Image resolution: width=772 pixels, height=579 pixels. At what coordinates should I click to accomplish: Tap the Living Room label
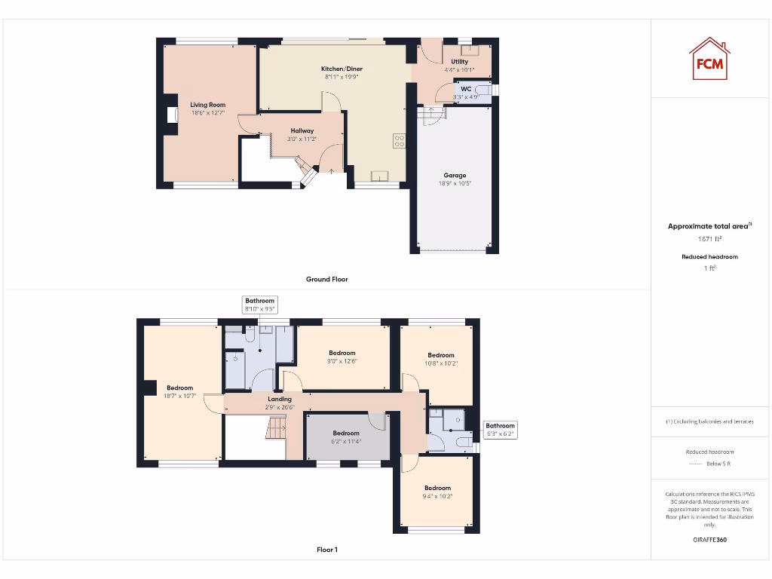(x=207, y=105)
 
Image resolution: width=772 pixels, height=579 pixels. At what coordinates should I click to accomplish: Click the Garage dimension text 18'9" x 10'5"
(x=455, y=183)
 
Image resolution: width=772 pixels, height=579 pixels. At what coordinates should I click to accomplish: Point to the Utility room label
(x=459, y=62)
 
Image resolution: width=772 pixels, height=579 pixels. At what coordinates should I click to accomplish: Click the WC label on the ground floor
(x=466, y=89)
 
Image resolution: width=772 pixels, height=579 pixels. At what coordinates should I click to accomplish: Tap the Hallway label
(x=302, y=130)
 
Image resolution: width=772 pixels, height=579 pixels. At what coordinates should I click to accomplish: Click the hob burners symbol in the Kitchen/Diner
(x=399, y=141)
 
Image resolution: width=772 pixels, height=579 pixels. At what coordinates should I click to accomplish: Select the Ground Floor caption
(x=327, y=279)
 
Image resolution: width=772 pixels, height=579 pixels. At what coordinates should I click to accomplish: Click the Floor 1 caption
(x=327, y=550)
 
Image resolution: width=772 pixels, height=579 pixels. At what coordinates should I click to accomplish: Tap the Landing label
(x=280, y=399)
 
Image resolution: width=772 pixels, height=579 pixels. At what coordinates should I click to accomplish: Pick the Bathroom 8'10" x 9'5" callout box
(x=259, y=305)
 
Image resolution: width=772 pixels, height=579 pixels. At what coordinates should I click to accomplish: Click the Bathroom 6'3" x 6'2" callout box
(x=500, y=430)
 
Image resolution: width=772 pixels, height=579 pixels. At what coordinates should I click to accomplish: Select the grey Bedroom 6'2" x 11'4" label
(x=346, y=433)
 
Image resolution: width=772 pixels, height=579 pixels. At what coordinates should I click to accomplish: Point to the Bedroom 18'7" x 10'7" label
(x=180, y=388)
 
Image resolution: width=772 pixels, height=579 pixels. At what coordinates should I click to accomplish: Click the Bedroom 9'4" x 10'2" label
(x=437, y=488)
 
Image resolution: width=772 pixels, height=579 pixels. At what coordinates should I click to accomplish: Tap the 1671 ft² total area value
(x=709, y=238)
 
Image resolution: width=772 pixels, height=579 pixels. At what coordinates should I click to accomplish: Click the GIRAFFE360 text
(x=709, y=540)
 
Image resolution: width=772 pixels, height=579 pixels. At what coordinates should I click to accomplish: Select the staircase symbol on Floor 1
(x=277, y=430)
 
